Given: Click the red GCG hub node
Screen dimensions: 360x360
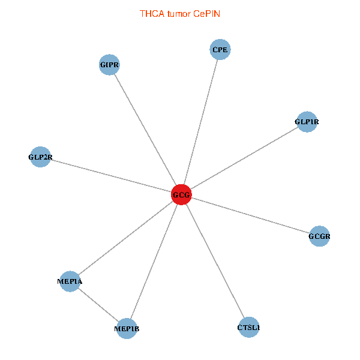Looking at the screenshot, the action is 181,195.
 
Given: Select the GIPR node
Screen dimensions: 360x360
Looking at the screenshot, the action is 109,64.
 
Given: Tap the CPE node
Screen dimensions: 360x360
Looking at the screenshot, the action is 220,50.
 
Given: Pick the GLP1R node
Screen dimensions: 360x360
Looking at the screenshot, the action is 307,122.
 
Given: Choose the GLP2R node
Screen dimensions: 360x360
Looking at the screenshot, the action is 40,157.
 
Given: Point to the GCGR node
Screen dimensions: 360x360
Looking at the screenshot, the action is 319,236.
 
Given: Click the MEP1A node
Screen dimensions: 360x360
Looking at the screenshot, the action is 70,281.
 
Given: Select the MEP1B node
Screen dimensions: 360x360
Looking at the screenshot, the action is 127,328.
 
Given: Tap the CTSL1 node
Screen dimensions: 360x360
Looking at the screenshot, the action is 248,327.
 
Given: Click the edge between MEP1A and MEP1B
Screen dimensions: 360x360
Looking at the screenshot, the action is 98,305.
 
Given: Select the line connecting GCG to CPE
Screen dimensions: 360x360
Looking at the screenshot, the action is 201,122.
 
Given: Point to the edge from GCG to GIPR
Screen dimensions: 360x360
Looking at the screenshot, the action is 145,130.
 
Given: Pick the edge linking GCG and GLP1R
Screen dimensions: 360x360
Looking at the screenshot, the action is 244,158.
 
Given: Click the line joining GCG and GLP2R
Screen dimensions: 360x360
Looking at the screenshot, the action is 111,176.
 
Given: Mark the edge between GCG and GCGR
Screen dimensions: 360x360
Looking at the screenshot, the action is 250,216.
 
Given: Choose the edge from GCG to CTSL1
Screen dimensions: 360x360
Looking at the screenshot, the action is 215,261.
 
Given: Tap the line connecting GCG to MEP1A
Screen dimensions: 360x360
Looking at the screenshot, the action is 126,238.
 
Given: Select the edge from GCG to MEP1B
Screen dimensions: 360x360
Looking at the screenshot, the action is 154,262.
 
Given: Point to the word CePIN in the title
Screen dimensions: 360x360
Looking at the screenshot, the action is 207,13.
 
